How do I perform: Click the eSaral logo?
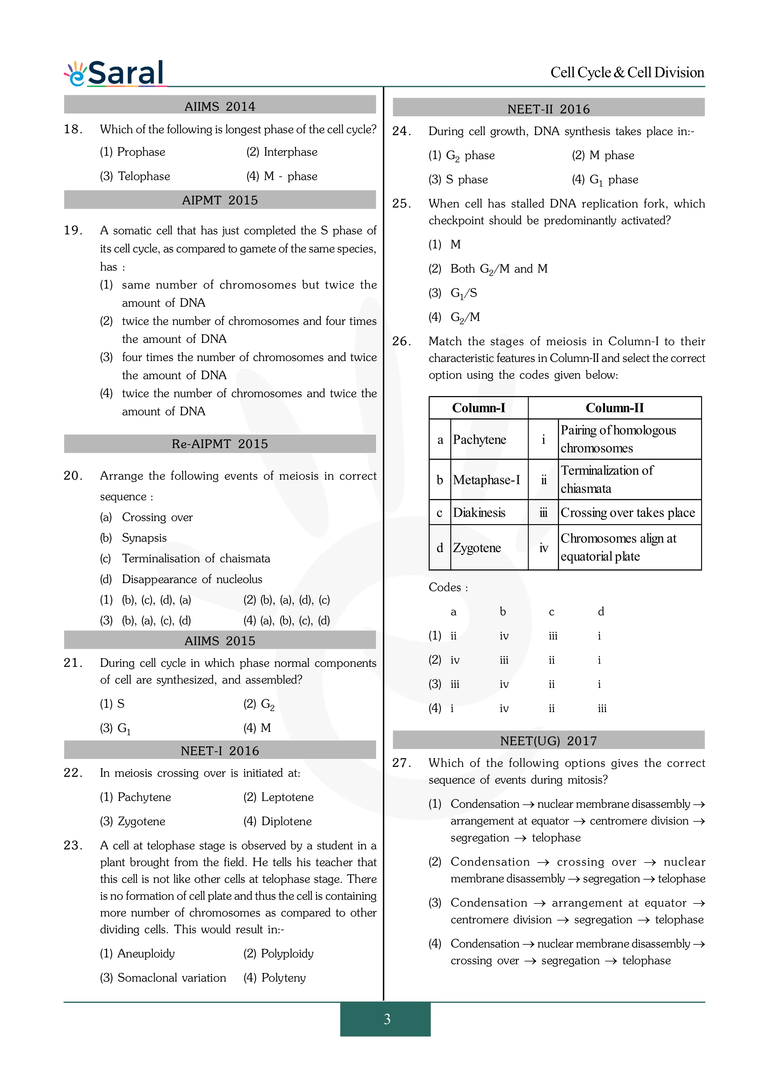tap(115, 74)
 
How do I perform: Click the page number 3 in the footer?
tap(387, 1019)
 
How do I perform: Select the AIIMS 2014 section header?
tap(220, 106)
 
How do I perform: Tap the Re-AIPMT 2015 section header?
tap(220, 444)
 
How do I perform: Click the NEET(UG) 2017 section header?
tap(548, 741)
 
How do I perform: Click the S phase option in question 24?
tap(466, 180)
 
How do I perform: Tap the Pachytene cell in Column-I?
tap(479, 440)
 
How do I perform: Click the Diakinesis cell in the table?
tap(479, 513)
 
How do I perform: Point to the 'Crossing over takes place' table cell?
tap(627, 513)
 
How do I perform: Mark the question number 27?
tap(401, 763)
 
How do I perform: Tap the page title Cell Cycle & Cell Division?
tap(627, 73)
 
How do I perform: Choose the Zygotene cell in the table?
tap(477, 548)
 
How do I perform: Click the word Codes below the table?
tap(445, 588)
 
